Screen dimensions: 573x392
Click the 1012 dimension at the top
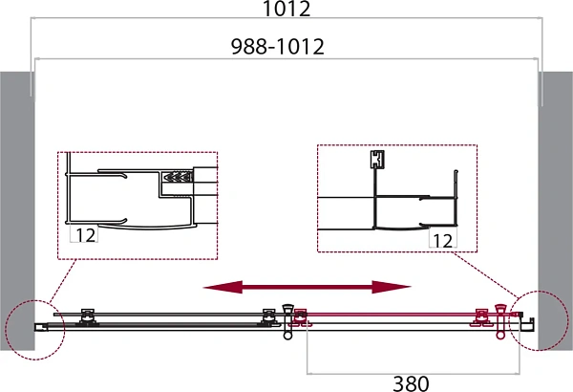coord(286,9)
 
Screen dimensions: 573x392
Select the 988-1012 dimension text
coord(278,47)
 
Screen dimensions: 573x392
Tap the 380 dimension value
coord(411,383)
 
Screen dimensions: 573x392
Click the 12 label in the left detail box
coord(86,235)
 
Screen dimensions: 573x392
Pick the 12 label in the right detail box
coord(442,241)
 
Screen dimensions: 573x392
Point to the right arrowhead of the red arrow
coord(392,288)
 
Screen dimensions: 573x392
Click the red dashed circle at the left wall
coord(35,330)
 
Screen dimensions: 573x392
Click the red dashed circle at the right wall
coord(539,320)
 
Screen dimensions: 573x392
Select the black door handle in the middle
coord(288,321)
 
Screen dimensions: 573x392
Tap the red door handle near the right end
coord(499,321)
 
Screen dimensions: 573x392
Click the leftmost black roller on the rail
coord(87,317)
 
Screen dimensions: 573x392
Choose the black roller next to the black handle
coord(268,317)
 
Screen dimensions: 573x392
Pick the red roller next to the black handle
coord(301,317)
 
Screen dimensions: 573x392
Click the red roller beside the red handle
coord(481,317)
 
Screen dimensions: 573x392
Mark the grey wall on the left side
coord(17,210)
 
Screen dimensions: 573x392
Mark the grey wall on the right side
coord(556,210)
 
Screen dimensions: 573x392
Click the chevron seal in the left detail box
coord(178,178)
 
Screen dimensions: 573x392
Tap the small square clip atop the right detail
coord(377,160)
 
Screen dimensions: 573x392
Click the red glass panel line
coord(410,314)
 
